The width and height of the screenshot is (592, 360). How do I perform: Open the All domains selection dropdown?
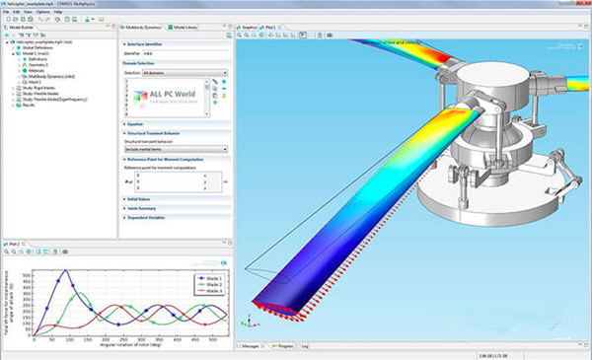coord(185,73)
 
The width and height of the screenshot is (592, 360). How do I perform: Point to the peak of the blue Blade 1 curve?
coord(66,271)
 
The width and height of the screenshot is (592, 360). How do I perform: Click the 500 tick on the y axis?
coord(28,271)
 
